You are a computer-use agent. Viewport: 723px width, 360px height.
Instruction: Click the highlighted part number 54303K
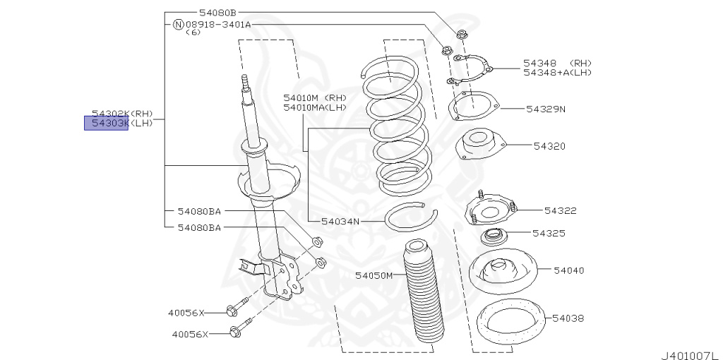[107, 124]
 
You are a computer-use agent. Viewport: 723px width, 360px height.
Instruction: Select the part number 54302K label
[110, 113]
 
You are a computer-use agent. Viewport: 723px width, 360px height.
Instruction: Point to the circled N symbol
[178, 24]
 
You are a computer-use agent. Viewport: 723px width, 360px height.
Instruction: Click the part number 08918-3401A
[217, 24]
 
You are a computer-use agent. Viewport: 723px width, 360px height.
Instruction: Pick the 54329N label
[545, 109]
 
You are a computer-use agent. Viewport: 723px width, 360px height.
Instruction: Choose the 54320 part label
[549, 145]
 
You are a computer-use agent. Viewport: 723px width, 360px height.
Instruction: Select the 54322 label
[561, 210]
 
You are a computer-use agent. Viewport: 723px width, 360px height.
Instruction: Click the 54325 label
[549, 232]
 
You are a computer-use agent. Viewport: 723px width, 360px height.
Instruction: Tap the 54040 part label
[568, 270]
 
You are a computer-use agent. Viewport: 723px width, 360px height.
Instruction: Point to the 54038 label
[568, 318]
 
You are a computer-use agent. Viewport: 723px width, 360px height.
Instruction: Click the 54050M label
[374, 275]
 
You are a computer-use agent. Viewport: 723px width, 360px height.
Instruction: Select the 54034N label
[340, 221]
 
